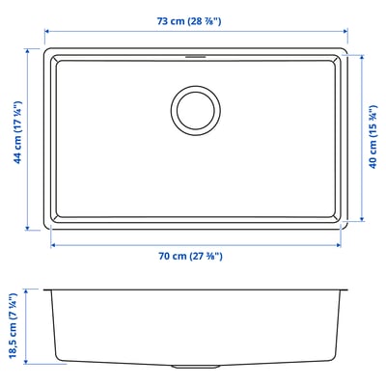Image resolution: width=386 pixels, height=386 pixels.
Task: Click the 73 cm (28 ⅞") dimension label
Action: click(x=189, y=21)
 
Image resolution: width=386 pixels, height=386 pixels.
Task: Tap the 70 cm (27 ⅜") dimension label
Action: click(x=190, y=256)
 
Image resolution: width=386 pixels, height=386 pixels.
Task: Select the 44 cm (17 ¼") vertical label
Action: click(x=18, y=132)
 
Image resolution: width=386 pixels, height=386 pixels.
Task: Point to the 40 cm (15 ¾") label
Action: click(x=372, y=137)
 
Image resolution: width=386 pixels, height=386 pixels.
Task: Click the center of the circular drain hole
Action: click(x=196, y=110)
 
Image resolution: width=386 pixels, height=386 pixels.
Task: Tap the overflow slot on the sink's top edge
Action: click(x=196, y=57)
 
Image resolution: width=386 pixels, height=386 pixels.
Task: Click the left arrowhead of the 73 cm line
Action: click(x=46, y=31)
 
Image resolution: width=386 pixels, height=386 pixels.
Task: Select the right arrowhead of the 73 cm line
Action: click(x=345, y=31)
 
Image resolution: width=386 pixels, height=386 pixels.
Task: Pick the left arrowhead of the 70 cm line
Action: click(x=53, y=245)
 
